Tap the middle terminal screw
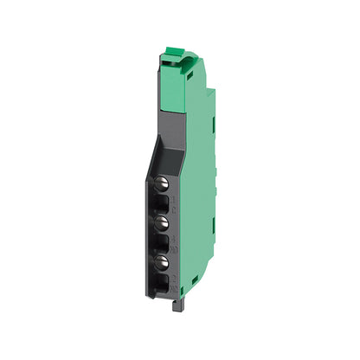(161, 222)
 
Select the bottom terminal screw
(161, 261)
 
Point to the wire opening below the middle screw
(162, 240)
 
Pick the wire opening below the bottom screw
(162, 280)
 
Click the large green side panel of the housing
(199, 199)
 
